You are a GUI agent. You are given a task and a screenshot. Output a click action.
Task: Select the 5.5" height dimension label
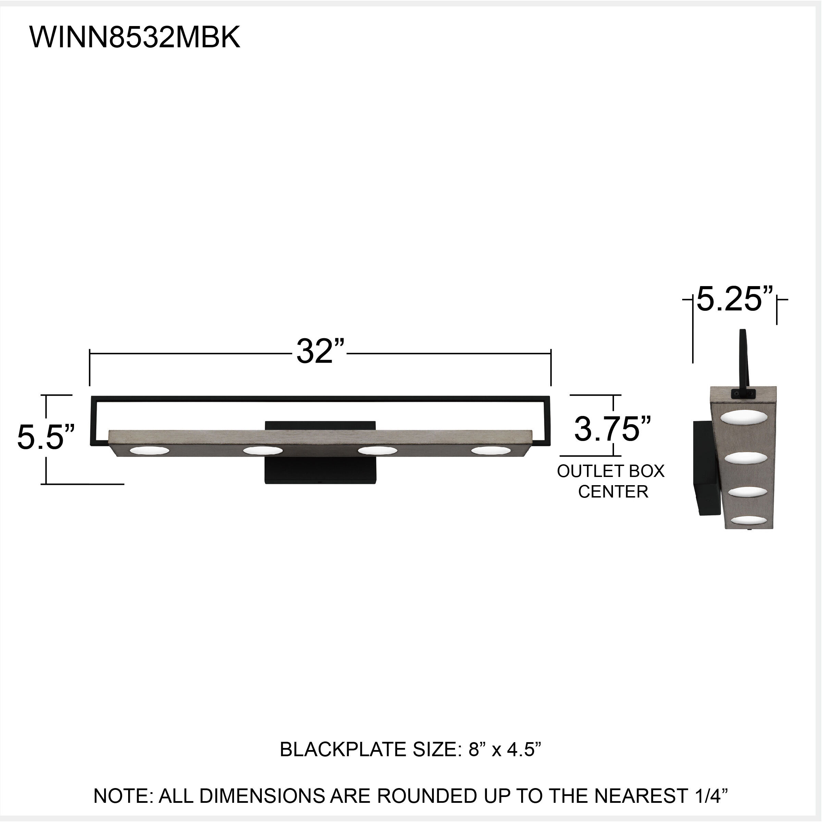(46, 437)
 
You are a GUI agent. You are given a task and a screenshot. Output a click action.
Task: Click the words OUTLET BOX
(611, 471)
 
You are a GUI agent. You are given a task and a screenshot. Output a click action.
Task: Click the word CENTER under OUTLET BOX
(613, 492)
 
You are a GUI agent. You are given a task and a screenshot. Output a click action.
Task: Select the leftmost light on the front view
(149, 450)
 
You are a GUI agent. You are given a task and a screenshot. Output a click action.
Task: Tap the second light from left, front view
(262, 450)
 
